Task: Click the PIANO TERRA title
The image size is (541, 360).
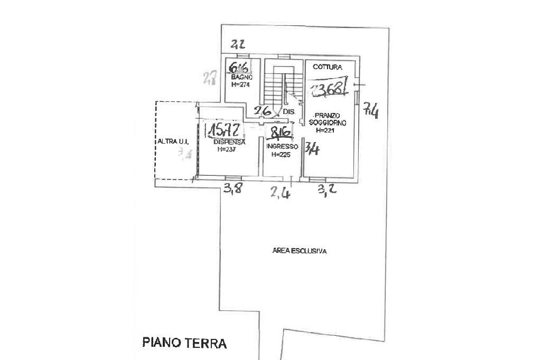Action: pyautogui.click(x=184, y=343)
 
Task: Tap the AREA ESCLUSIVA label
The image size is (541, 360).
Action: pyautogui.click(x=299, y=251)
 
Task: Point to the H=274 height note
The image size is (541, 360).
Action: pyautogui.click(x=240, y=84)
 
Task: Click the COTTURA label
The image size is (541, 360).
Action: pyautogui.click(x=328, y=67)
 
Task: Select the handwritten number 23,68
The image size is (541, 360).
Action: pyautogui.click(x=330, y=89)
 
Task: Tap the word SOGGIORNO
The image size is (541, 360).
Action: pyautogui.click(x=330, y=122)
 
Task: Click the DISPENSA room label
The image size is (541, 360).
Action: pyautogui.click(x=229, y=142)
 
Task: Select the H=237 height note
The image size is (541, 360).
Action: pyautogui.click(x=227, y=149)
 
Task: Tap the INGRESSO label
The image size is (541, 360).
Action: pyautogui.click(x=282, y=146)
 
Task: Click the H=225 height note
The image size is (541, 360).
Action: pyautogui.click(x=281, y=155)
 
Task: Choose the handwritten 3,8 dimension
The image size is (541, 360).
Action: pyautogui.click(x=232, y=189)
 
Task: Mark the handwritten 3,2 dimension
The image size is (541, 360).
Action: pyautogui.click(x=328, y=190)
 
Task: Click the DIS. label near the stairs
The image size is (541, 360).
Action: pyautogui.click(x=288, y=112)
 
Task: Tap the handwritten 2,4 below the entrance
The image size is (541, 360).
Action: pyautogui.click(x=281, y=193)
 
